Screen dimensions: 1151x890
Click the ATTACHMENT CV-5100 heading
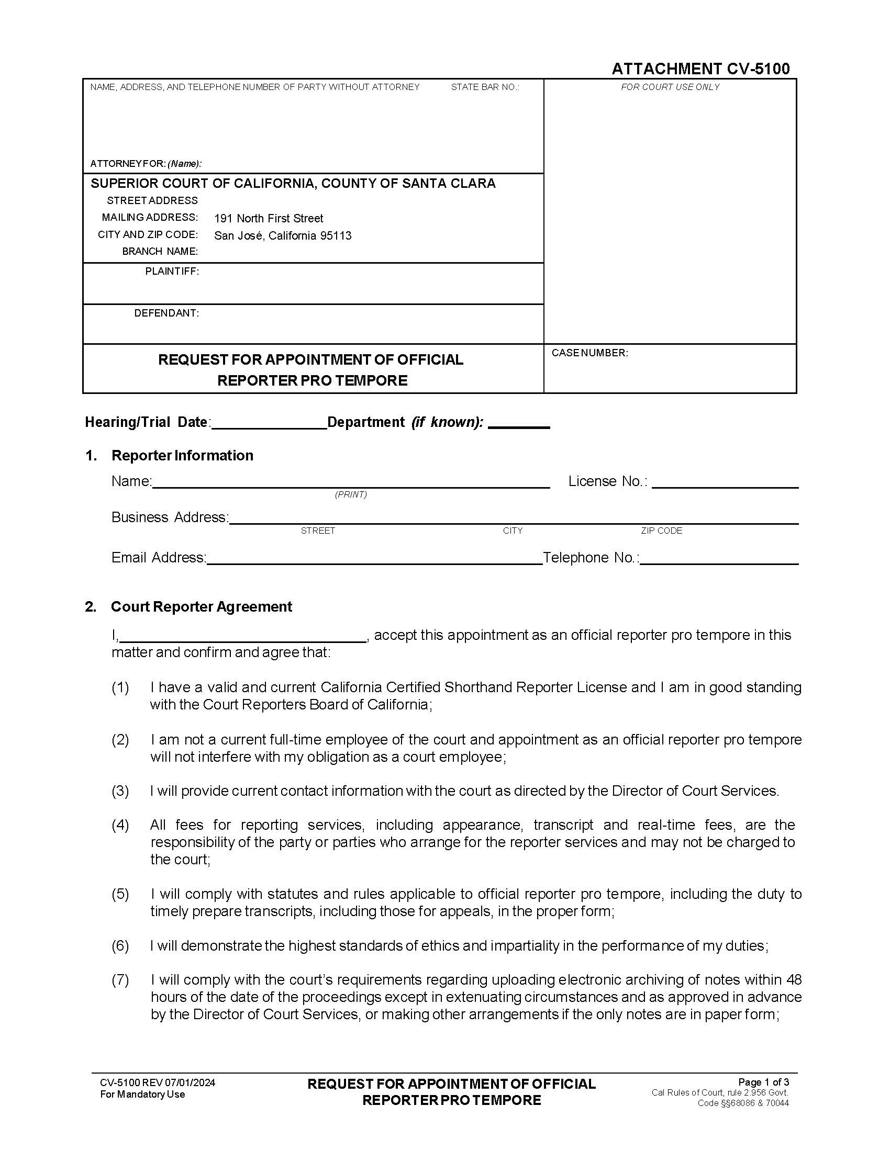[x=700, y=69]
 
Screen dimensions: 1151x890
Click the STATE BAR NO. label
[x=485, y=87]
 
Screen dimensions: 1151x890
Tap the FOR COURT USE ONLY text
[x=670, y=87]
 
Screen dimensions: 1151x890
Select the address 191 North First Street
[x=269, y=218]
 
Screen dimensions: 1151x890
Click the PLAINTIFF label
[x=172, y=272]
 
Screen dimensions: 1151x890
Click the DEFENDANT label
[x=166, y=313]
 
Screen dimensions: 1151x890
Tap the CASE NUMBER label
[x=589, y=353]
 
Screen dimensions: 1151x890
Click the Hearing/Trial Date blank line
[x=269, y=425]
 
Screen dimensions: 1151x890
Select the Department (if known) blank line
[x=519, y=424]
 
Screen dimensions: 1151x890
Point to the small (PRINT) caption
[x=351, y=494]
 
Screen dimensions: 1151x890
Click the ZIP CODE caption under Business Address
[x=661, y=531]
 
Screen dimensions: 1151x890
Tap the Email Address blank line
[x=374, y=560]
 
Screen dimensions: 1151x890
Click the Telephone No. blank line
[x=719, y=560]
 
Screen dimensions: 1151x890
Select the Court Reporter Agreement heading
[x=201, y=606]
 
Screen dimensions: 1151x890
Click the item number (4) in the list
[x=120, y=825]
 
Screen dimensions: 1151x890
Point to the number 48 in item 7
[x=794, y=980]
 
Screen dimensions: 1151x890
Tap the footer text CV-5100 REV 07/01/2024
[x=157, y=1083]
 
